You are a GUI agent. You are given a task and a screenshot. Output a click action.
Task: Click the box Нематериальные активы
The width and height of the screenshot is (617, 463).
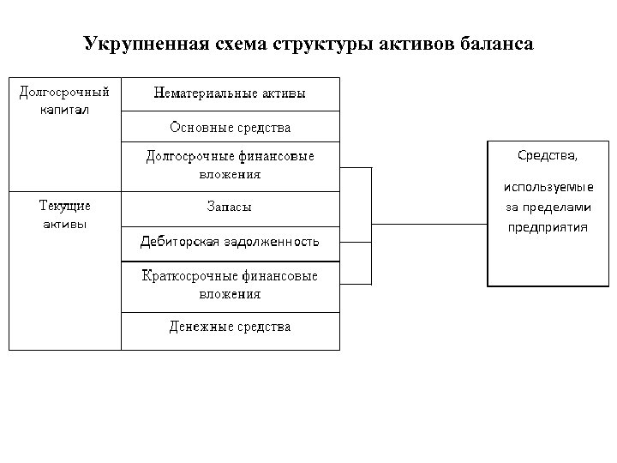(x=230, y=93)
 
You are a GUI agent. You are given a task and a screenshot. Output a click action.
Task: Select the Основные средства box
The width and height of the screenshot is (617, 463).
(x=230, y=127)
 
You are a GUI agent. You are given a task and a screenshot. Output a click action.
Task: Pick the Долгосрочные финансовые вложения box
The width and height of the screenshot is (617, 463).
(x=230, y=165)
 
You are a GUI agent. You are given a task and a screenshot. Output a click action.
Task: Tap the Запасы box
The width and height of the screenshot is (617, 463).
(x=230, y=207)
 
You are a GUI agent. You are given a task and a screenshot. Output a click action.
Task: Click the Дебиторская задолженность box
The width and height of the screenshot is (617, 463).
(x=230, y=242)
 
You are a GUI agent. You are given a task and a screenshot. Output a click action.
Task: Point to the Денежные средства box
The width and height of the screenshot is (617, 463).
(x=230, y=327)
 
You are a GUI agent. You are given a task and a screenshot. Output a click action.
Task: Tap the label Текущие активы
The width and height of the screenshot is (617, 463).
(x=64, y=214)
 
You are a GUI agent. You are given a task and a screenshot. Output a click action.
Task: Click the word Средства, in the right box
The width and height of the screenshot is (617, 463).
(x=548, y=155)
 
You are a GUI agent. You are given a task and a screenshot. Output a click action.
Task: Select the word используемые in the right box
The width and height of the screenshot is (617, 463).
(x=548, y=188)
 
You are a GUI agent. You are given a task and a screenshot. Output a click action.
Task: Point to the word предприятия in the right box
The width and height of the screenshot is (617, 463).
(x=548, y=227)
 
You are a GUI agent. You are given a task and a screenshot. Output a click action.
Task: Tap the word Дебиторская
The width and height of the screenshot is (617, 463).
(x=180, y=242)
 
